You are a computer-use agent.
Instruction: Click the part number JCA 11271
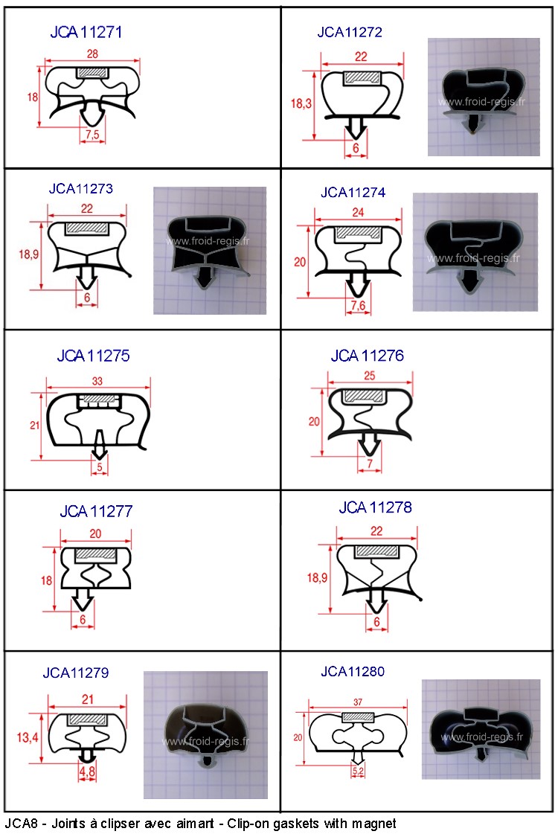pos(86,32)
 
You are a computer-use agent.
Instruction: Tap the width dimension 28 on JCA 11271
pos(92,54)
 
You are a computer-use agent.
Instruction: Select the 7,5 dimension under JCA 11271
pos(92,135)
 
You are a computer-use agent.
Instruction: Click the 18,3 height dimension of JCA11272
pos(301,103)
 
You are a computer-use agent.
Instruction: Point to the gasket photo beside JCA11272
pos(484,97)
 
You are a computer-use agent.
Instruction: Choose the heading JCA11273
pos(81,188)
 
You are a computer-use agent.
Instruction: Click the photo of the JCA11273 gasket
pos(210,250)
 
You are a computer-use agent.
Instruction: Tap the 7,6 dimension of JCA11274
pos(359,305)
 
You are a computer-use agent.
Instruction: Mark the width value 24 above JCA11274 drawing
pos(358,213)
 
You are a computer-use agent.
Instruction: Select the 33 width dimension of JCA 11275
pos(97,381)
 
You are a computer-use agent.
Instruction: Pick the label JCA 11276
pos(368,356)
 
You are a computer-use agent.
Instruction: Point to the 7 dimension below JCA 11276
pos(370,464)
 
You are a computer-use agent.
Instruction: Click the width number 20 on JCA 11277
pos(95,533)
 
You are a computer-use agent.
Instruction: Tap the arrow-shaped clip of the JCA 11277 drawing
pos(83,599)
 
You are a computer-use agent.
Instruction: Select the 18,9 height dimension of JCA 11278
pos(317,577)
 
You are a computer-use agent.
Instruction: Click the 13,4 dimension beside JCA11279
pos(28,738)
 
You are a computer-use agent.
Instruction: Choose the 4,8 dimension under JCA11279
pos(88,772)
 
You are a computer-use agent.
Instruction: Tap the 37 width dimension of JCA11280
pos(358,702)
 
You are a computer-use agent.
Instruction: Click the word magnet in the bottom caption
pos(373,824)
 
